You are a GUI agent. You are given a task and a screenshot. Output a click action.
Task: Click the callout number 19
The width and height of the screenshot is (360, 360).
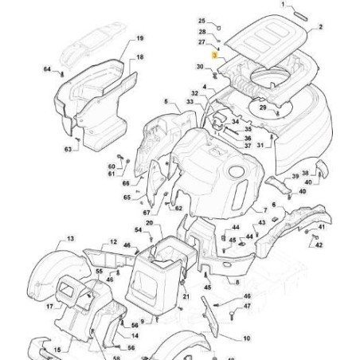click(x=139, y=39)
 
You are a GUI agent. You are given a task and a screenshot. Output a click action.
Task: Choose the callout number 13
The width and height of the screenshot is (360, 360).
click(x=70, y=239)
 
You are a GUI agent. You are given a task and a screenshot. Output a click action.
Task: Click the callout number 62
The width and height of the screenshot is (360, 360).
click(x=178, y=209)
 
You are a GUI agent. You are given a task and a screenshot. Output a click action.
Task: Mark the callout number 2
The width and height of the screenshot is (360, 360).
click(x=319, y=27)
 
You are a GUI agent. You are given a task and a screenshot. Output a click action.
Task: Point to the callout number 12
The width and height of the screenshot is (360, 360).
click(x=113, y=241)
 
